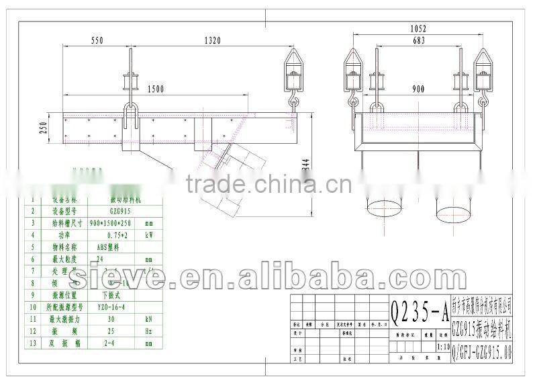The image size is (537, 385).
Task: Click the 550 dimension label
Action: coord(97,41)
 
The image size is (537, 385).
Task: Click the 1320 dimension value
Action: coord(212,41)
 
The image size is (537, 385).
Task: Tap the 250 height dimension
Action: coord(43,128)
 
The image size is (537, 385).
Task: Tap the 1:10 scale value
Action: coord(443,348)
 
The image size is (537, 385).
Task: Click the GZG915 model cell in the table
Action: coord(121,210)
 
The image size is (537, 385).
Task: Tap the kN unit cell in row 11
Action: coord(149,319)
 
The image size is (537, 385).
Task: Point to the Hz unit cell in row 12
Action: coord(149,331)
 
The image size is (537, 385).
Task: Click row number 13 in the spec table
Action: coord(32,343)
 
